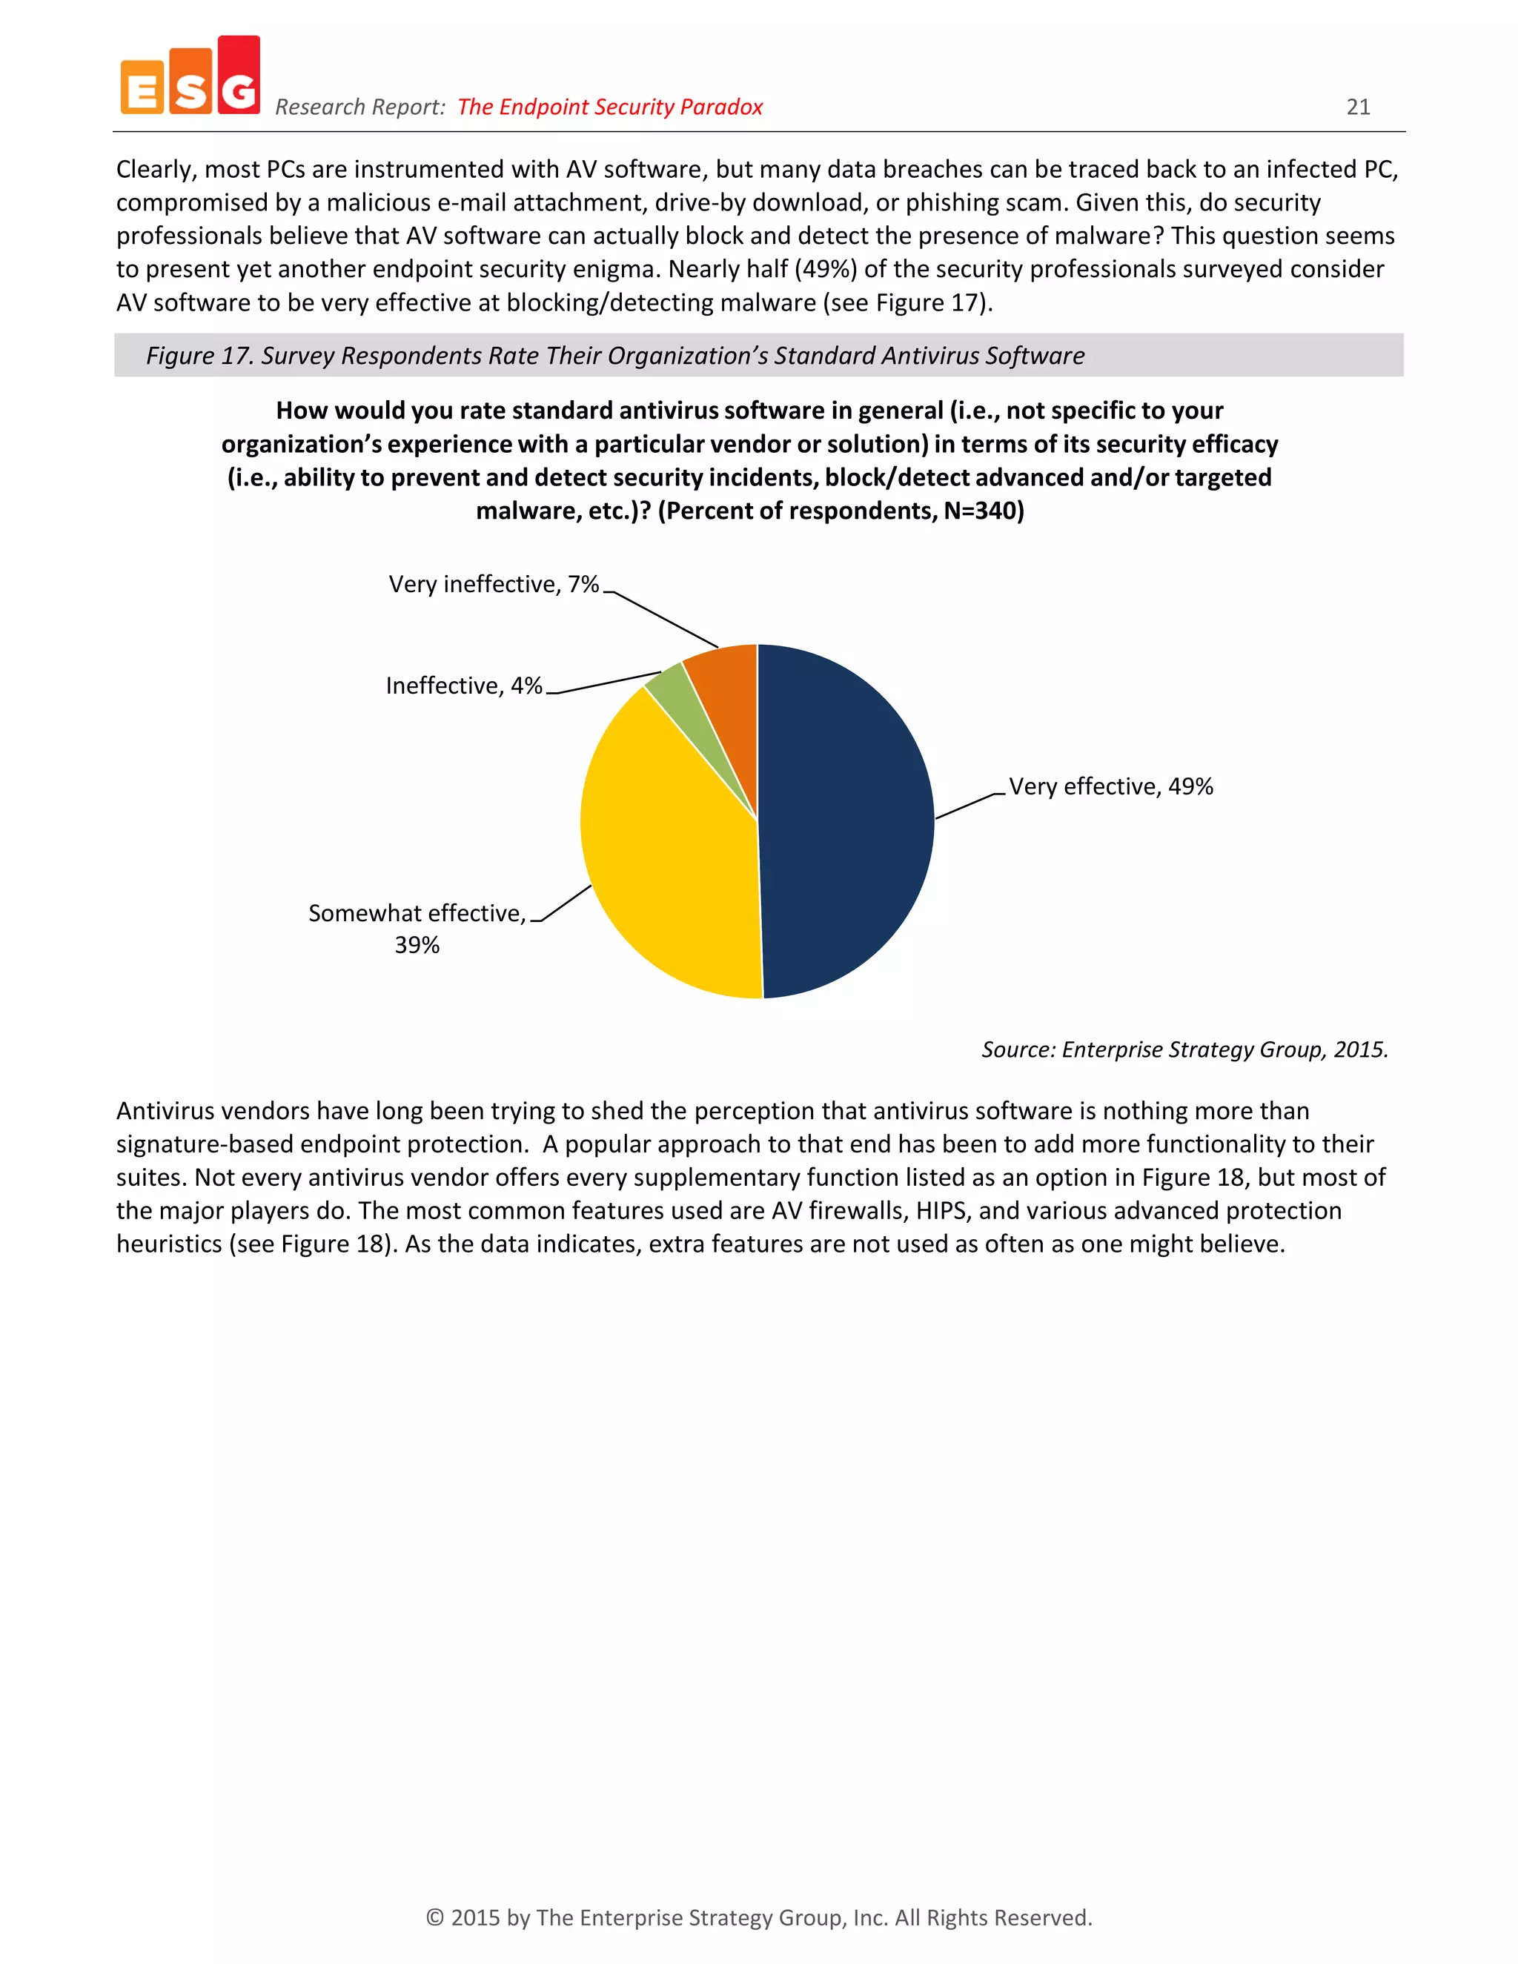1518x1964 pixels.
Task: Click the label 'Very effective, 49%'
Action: click(x=1110, y=787)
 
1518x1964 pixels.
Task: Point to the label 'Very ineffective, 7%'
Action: click(x=493, y=585)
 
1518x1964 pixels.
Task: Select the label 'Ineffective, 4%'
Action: click(x=464, y=686)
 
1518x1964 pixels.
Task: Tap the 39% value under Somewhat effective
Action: click(x=417, y=945)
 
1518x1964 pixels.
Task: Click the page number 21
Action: click(x=1358, y=107)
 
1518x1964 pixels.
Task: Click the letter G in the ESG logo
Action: click(x=239, y=88)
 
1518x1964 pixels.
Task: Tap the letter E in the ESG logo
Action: click(x=142, y=91)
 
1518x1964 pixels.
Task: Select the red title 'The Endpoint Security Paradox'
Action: click(x=610, y=107)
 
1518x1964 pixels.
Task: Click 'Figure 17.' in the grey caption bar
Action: click(x=199, y=356)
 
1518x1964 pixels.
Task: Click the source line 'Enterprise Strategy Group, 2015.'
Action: click(x=1224, y=1049)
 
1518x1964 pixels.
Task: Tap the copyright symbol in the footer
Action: click(x=434, y=1917)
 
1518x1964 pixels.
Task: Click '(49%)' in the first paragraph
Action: click(x=825, y=269)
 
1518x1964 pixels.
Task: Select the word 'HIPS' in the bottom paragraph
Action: click(x=941, y=1210)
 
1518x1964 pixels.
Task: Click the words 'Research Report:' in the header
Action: click(x=359, y=107)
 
